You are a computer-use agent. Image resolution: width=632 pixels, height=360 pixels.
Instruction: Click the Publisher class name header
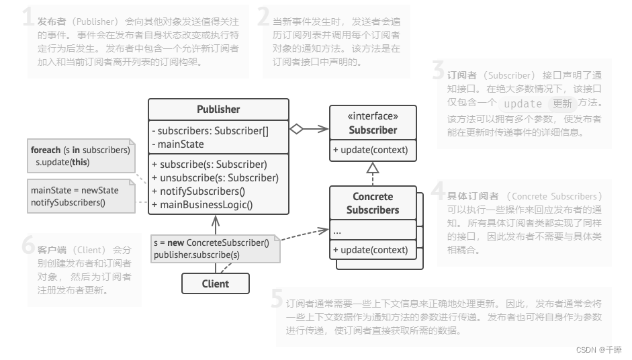tap(218, 109)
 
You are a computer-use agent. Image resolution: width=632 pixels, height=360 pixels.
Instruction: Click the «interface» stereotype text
tap(373, 116)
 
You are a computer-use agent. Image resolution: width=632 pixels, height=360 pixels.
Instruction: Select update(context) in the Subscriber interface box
tap(370, 150)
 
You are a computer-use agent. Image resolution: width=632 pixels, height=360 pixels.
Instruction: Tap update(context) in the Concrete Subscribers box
tap(370, 250)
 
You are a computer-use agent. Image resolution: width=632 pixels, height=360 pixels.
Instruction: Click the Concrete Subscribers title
tap(373, 203)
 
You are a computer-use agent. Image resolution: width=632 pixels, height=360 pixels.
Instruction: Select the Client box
tap(215, 283)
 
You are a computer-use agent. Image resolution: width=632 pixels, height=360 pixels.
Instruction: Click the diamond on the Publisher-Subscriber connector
tap(296, 130)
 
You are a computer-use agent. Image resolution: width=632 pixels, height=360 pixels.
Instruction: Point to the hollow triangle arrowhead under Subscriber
tap(373, 168)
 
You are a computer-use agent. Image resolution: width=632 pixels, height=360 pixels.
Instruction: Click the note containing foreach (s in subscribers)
tap(80, 156)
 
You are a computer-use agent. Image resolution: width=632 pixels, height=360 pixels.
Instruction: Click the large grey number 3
tap(438, 71)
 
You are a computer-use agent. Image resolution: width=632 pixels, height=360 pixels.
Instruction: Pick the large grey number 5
tap(277, 298)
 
